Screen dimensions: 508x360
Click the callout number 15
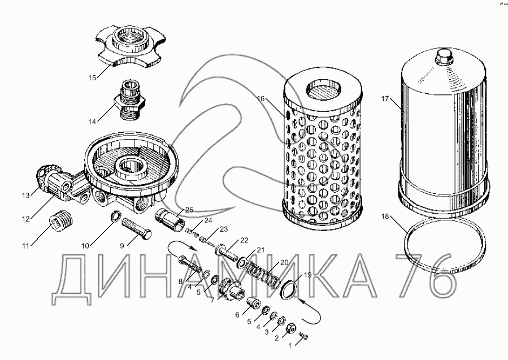[x=92, y=78]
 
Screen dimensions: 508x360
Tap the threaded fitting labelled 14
[x=129, y=99]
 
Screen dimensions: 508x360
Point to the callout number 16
[x=261, y=98]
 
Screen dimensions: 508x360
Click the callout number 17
[x=385, y=98]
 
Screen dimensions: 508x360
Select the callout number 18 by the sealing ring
[x=385, y=216]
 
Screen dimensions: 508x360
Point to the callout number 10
[x=85, y=246]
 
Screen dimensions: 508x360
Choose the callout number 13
[x=26, y=196]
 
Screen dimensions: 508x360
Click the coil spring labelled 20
[x=263, y=274]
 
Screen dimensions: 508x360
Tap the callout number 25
[x=189, y=210]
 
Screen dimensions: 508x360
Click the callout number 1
[x=290, y=346]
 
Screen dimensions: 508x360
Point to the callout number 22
[x=244, y=240]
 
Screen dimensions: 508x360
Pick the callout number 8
[x=181, y=281]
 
